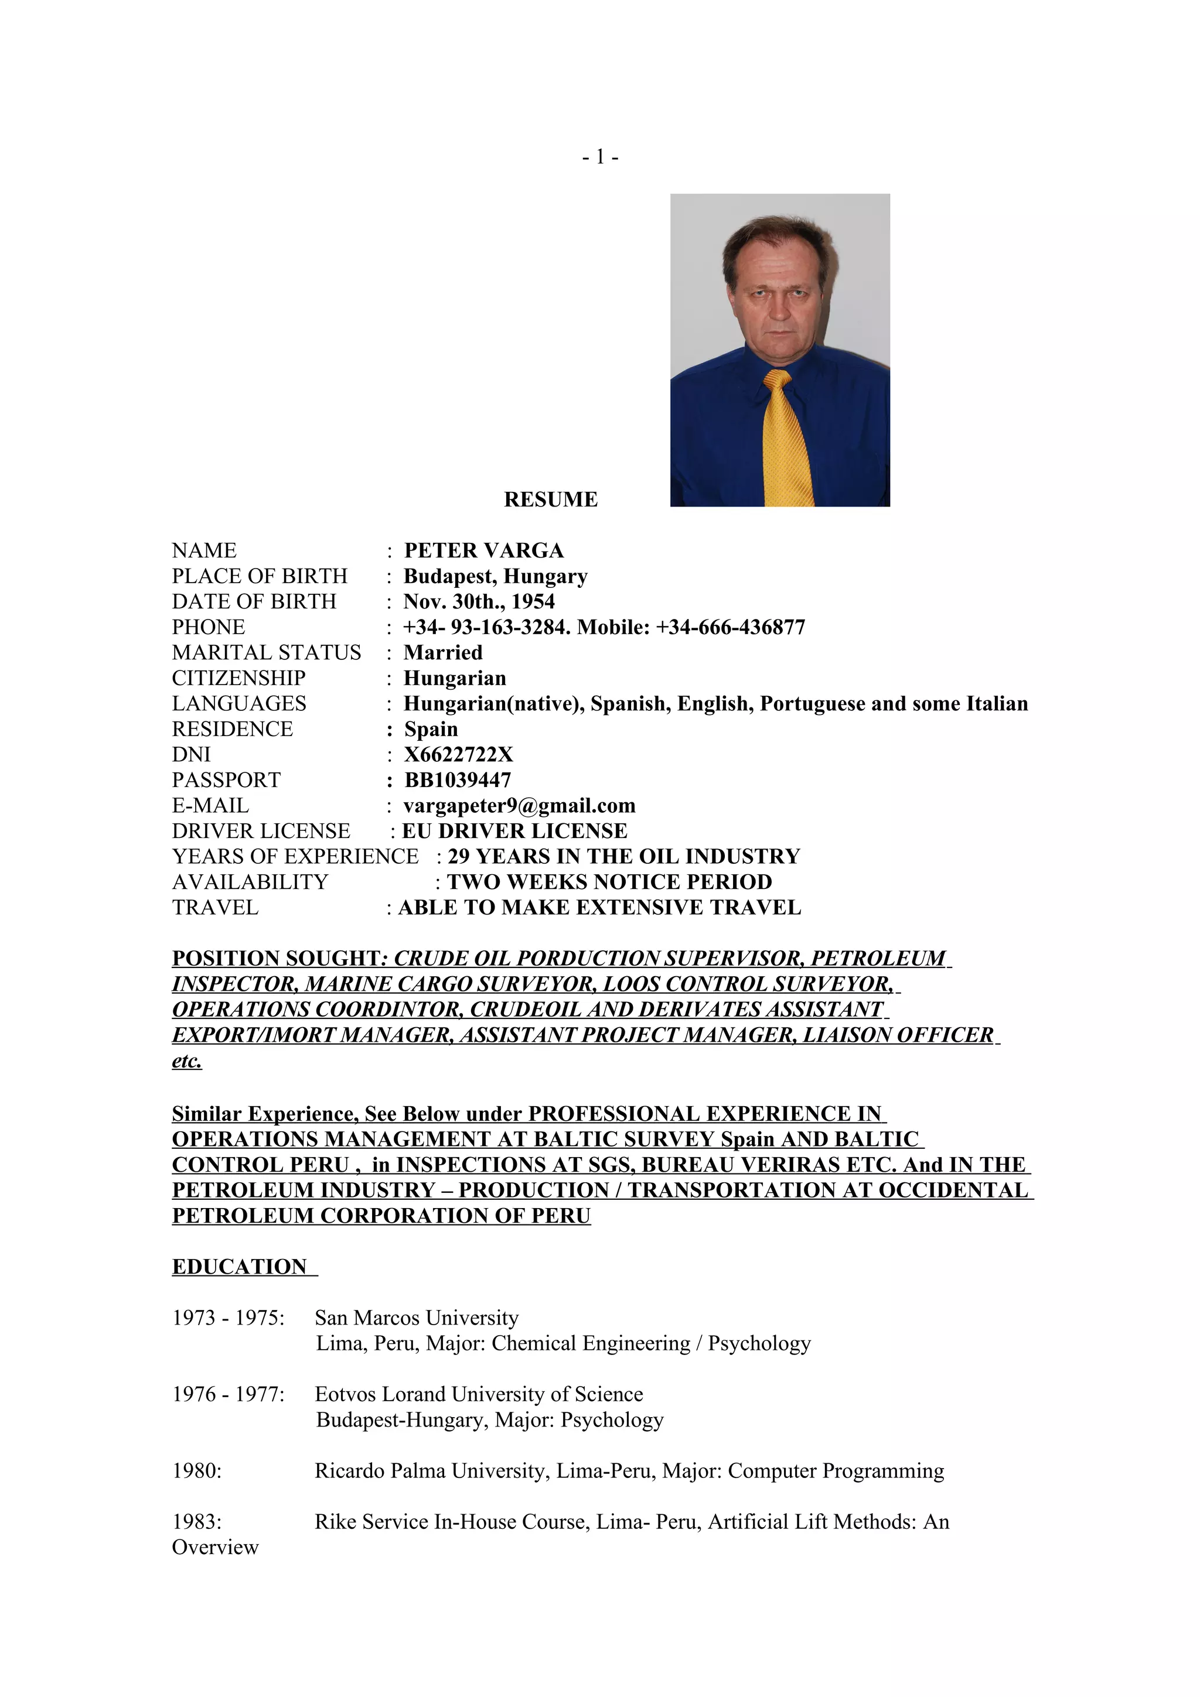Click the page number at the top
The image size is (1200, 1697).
(599, 157)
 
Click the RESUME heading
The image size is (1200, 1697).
(550, 499)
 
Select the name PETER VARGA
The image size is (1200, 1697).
(483, 550)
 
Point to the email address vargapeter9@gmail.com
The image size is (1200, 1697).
(519, 806)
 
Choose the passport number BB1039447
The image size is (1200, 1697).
(457, 780)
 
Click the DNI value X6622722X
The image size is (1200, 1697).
(458, 755)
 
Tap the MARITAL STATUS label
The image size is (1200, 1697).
(266, 653)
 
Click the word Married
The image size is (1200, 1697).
(442, 653)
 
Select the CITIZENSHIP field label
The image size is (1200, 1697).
(238, 678)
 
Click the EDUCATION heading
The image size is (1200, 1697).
(239, 1267)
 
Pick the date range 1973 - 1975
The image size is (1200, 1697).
(228, 1318)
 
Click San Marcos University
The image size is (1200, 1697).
(416, 1318)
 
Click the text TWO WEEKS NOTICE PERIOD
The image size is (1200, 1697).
(609, 882)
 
